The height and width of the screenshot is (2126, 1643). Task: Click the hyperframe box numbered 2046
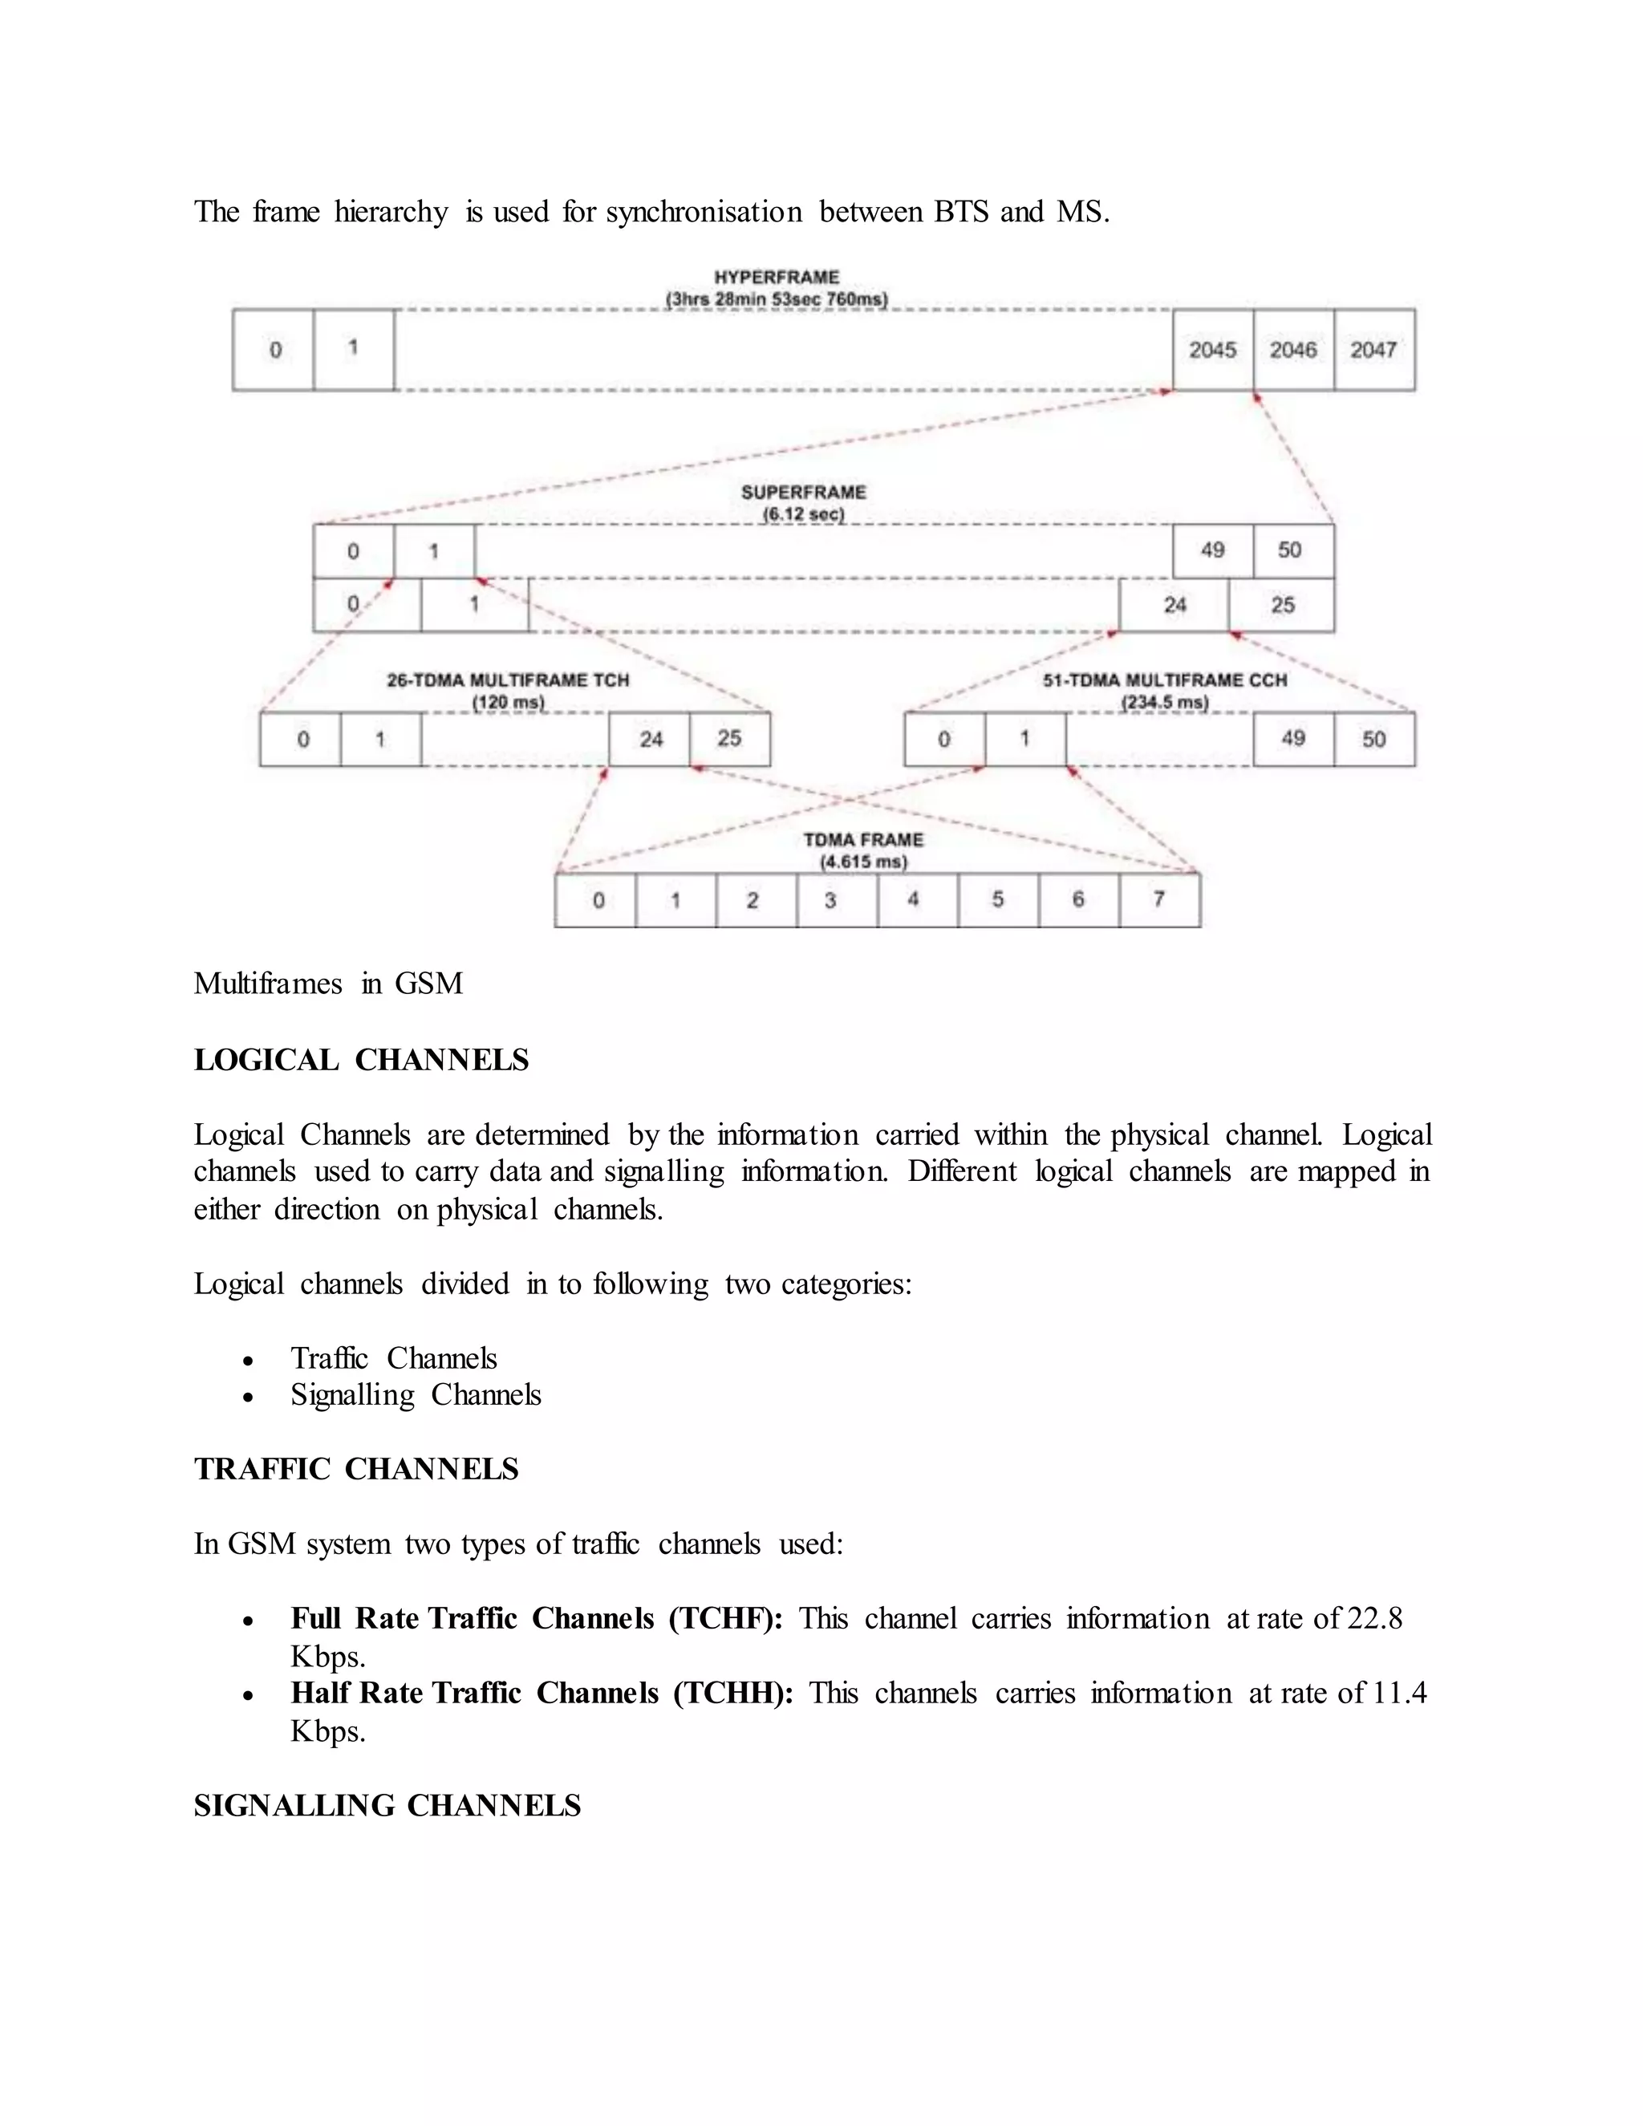1292,350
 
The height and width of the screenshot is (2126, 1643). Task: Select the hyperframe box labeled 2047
1373,350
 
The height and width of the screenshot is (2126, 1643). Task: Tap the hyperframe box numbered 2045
1213,350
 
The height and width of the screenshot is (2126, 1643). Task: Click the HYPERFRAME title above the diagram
776,278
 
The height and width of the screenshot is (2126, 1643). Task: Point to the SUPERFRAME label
803,493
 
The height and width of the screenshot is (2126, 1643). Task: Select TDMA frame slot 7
1159,900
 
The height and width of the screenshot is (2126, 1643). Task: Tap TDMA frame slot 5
998,900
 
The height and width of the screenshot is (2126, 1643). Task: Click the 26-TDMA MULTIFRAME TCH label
508,680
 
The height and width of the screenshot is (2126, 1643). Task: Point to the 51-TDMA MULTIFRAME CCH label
1165,680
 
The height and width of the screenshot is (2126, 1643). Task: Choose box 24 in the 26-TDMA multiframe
650,740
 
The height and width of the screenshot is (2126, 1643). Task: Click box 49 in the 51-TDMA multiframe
1292,740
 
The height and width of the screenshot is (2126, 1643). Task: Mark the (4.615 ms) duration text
863,862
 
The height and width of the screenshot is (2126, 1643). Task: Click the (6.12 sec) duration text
803,514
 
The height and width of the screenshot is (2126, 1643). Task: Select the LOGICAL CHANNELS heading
361,1060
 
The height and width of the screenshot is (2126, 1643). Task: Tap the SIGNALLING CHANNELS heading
387,1806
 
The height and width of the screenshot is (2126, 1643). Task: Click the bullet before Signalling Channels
249,1398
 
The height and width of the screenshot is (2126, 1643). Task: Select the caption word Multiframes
268,984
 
